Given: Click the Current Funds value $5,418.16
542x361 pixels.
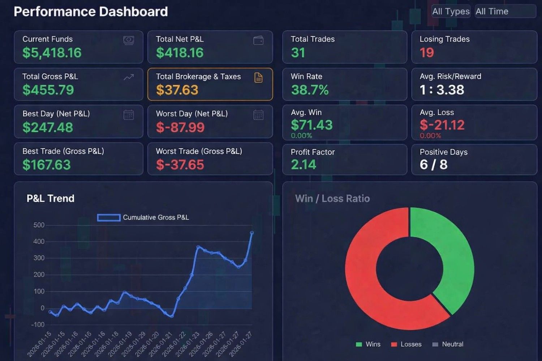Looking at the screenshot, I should [x=52, y=53].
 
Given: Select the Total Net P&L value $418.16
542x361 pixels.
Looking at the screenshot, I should [x=180, y=53].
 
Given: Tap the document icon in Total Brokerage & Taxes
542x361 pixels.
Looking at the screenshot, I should [x=258, y=78].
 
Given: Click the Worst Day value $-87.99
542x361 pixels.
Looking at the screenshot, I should [x=180, y=127].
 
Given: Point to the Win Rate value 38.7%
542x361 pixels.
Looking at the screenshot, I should [x=310, y=90].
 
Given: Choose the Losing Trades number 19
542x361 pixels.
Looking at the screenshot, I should [x=427, y=53].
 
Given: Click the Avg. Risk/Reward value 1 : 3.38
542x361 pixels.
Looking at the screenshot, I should [x=442, y=90].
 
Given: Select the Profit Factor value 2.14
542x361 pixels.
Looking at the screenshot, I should [x=304, y=165].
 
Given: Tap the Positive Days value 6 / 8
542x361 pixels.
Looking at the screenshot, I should [x=433, y=165].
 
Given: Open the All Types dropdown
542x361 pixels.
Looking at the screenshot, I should [x=451, y=12].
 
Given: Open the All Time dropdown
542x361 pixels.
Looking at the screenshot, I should [x=505, y=12].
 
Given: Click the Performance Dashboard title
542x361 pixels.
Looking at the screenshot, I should [x=91, y=12].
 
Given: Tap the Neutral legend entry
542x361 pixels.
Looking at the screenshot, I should [x=448, y=344].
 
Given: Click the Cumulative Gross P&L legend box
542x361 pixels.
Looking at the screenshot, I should [x=109, y=218].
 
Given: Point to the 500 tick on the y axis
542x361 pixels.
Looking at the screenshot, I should [x=39, y=225].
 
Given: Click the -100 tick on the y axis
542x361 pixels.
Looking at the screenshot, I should [x=38, y=325].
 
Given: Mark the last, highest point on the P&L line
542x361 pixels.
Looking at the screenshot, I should [x=252, y=233].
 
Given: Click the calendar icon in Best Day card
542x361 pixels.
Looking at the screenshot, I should [x=129, y=115].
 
